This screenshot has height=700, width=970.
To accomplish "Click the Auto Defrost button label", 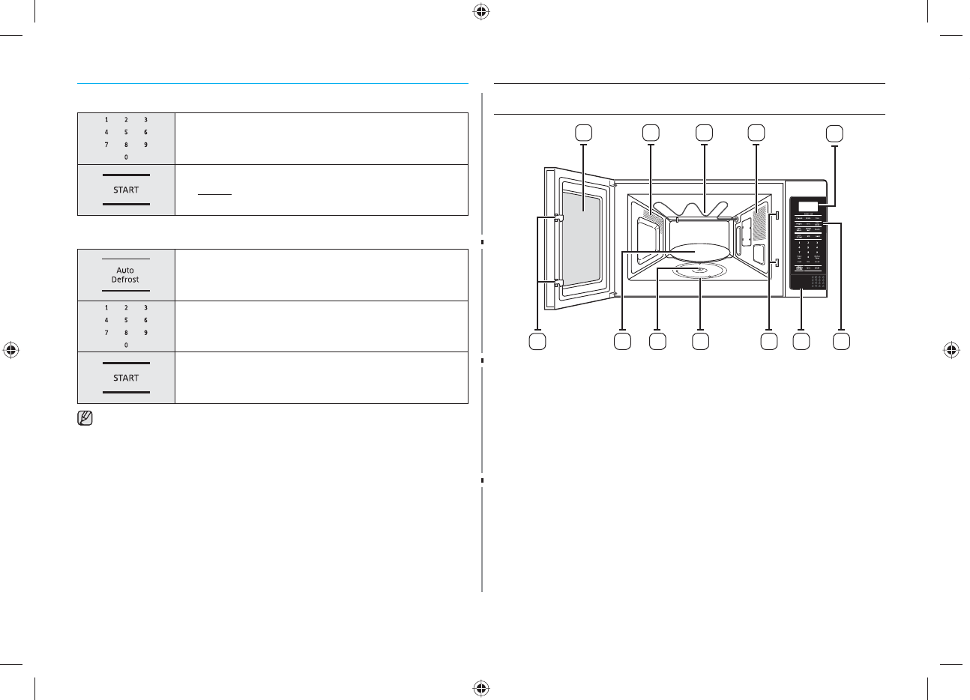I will (x=126, y=274).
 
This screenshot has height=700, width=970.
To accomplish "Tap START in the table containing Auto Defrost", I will (x=126, y=378).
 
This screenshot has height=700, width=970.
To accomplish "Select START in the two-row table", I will (x=126, y=190).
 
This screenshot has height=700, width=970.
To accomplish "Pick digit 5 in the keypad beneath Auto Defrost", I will (x=126, y=320).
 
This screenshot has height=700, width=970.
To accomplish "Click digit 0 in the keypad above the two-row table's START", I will (x=126, y=157).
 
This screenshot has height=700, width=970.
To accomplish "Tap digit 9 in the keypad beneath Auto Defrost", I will (x=145, y=332).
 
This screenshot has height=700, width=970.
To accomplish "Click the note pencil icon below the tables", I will (x=85, y=420).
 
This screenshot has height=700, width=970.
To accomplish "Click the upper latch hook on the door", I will (x=557, y=220).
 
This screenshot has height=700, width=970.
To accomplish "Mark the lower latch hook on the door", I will (x=557, y=283).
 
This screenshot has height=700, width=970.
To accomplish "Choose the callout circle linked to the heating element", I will (x=703, y=133).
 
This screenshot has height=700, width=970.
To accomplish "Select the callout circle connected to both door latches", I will (x=537, y=342).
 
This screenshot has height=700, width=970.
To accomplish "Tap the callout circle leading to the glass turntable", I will (x=622, y=342).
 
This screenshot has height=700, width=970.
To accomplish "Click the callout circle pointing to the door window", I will (x=583, y=133).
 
